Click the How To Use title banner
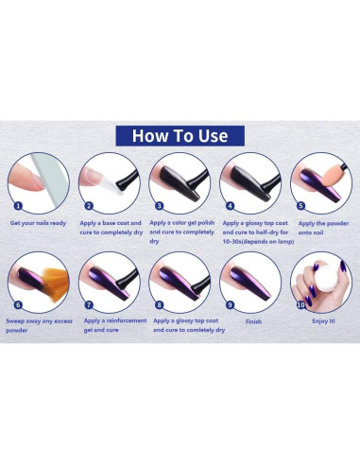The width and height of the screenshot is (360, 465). click(180, 135)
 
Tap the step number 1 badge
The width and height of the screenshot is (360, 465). click(18, 205)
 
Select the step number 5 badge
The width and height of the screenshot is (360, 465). click(300, 205)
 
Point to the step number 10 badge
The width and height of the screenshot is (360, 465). click(300, 304)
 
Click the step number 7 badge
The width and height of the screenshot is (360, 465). click(88, 304)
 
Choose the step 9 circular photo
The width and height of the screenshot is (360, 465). click(249, 281)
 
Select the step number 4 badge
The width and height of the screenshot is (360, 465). click(229, 205)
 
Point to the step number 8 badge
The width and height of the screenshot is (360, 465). click(159, 304)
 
